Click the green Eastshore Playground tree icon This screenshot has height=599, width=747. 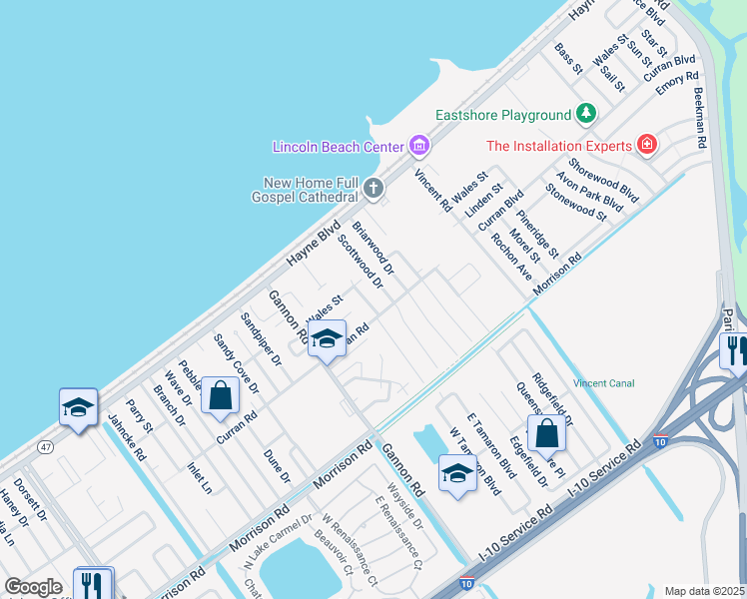pos(587,115)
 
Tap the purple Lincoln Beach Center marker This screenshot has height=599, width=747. pos(419,147)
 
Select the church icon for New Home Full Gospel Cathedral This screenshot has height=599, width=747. pos(373,187)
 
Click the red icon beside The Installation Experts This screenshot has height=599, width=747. pos(647,146)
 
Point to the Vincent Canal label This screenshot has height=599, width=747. pos(603,383)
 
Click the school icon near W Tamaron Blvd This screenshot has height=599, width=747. pos(457,473)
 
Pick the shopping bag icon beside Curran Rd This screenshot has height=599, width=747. pos(220,395)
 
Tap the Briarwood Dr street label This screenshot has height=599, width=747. pos(373,249)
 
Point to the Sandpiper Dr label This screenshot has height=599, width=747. pos(263,337)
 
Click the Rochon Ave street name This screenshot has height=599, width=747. pos(511,258)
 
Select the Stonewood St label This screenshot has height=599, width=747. pos(576,201)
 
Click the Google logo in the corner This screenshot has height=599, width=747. pos(33,586)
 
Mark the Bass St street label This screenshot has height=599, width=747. pos(568,58)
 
